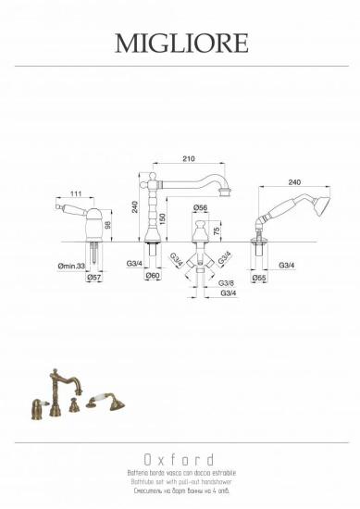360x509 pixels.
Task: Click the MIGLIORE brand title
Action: pos(180,43)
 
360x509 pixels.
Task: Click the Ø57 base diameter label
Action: pos(93,278)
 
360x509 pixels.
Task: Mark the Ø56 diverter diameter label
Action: pos(199,208)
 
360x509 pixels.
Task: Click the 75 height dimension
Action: pos(217,230)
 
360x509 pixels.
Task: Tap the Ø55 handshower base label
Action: pos(260,278)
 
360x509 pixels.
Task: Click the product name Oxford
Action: pos(180,460)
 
